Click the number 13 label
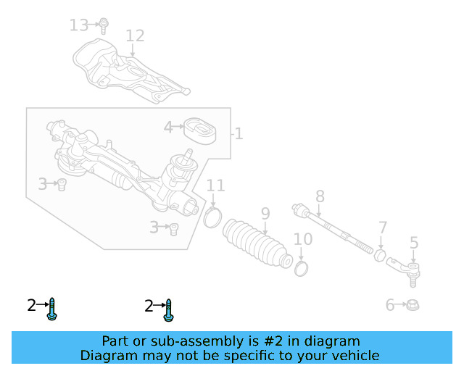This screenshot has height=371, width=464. coord(78,25)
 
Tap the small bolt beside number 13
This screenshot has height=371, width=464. coord(104,25)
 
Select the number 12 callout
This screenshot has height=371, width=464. coord(135,36)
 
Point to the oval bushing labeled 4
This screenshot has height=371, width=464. coord(199,130)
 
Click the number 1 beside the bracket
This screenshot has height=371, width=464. coord(239,134)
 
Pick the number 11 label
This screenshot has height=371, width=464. coord(215,185)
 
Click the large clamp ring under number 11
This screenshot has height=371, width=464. coord(212,216)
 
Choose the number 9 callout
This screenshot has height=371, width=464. coord(265,213)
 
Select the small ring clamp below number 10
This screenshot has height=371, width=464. coord(302,269)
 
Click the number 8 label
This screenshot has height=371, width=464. coord(319,196)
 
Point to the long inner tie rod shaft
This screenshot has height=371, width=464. coord(337,229)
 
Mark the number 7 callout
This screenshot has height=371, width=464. coord(383,227)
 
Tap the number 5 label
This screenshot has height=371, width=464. coord(414,243)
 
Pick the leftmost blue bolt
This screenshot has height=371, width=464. coord(52,309)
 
